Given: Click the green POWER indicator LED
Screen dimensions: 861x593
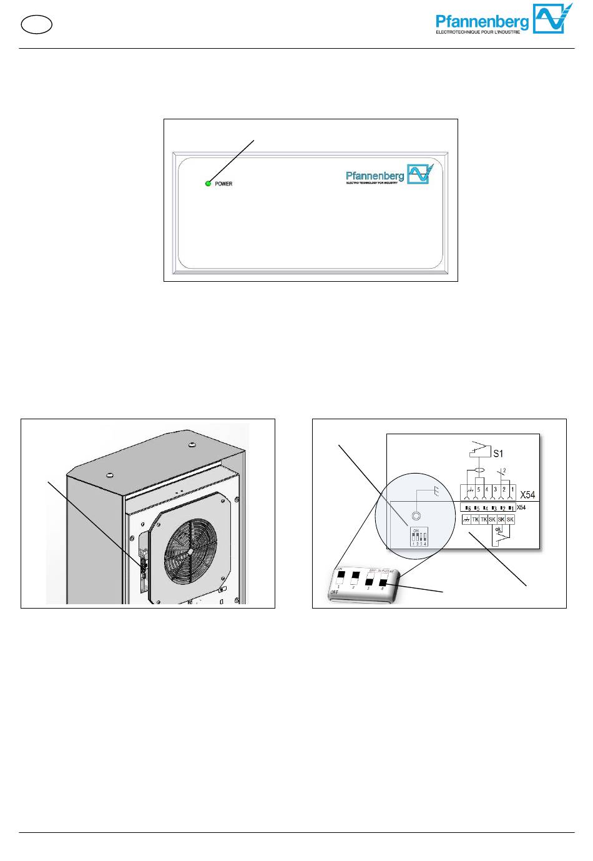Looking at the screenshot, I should [208, 184].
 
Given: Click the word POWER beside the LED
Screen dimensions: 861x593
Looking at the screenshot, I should [223, 184].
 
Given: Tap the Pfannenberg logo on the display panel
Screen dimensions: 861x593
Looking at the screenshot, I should [388, 174].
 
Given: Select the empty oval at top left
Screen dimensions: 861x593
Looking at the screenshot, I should [36, 24].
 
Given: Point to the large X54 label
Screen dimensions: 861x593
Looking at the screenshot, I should [527, 494].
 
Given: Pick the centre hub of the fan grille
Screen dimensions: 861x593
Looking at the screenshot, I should [195, 545].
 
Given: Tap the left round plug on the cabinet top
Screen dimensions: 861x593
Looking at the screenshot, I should [110, 476].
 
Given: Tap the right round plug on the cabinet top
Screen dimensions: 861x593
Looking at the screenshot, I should [192, 446].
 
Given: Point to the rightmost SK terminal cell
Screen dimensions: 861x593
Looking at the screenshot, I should [510, 520].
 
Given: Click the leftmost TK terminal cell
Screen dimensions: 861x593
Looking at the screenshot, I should [475, 520].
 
